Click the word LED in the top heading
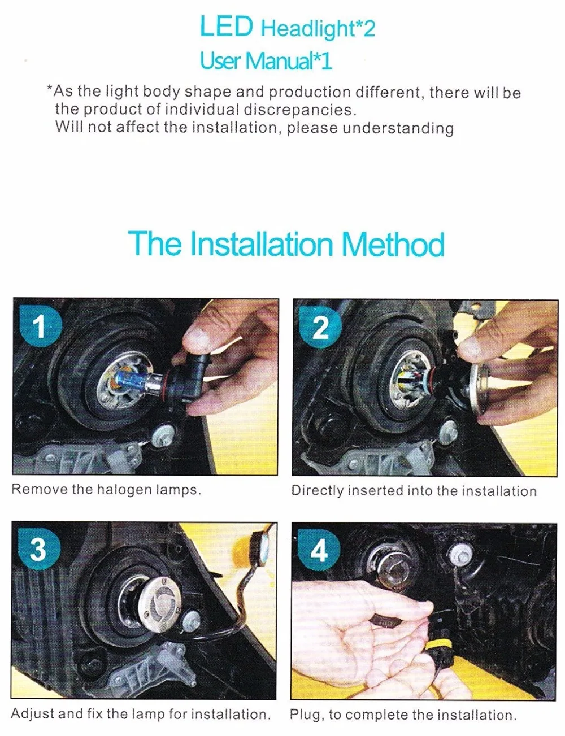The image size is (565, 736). tap(226, 27)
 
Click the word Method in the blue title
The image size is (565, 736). tap(393, 244)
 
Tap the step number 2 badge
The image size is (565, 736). tap(321, 327)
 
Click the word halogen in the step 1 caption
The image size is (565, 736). tap(124, 490)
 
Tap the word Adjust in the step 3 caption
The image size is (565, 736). tap(32, 713)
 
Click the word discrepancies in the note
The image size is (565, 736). tap(298, 110)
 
